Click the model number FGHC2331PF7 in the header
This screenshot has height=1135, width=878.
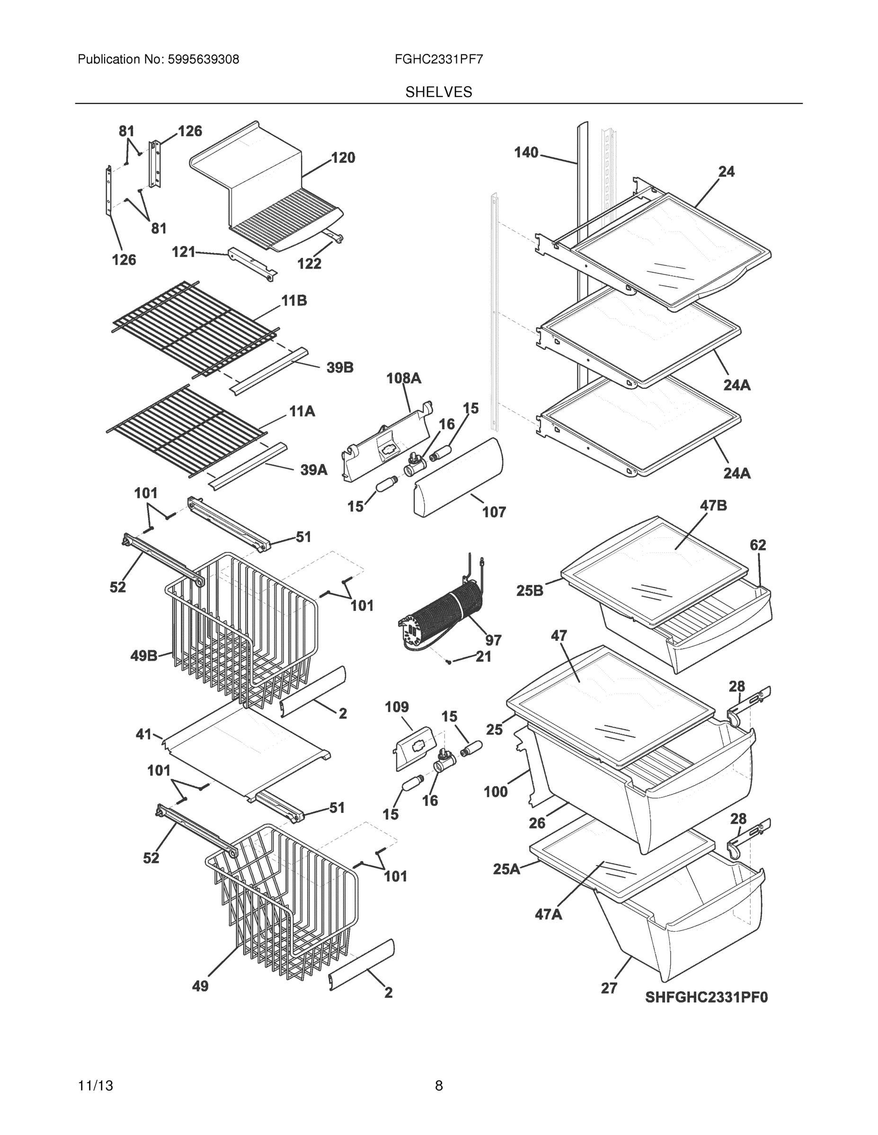point(438,59)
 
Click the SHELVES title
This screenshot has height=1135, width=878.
point(438,92)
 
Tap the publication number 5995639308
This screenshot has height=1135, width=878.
point(203,59)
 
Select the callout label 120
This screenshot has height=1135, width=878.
point(343,157)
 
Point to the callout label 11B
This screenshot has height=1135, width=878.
point(294,300)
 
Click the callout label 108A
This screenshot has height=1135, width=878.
point(404,378)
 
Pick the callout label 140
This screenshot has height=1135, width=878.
point(526,152)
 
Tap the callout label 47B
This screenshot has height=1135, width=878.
point(713,505)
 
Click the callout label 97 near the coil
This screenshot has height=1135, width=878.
point(493,640)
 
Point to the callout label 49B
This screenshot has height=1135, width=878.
point(143,656)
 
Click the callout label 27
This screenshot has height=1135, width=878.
point(609,988)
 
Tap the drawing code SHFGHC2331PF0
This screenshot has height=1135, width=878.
point(706,997)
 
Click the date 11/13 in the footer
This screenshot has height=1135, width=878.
point(95,1086)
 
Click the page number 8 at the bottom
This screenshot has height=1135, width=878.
point(438,1086)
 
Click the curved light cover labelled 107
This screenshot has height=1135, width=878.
point(458,477)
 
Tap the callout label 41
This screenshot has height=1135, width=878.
point(143,734)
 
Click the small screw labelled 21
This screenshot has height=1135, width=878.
point(448,662)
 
